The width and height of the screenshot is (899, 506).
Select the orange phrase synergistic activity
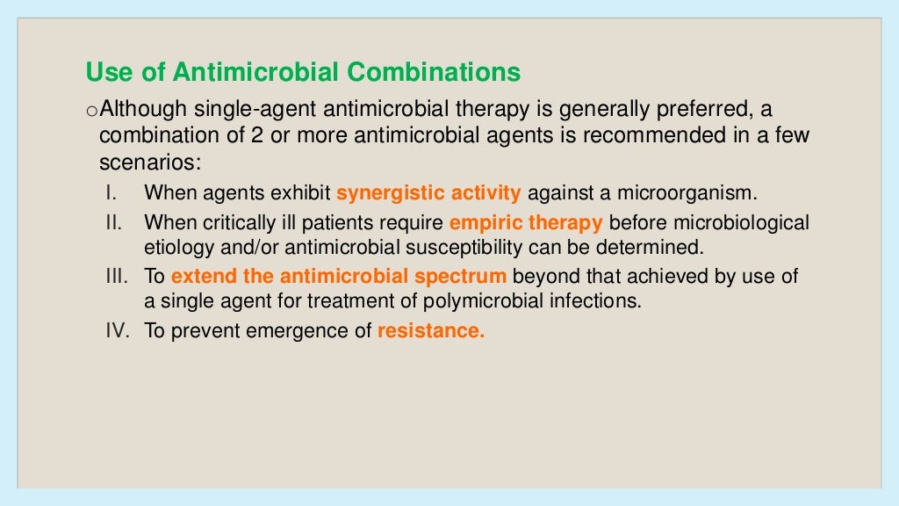[x=428, y=192]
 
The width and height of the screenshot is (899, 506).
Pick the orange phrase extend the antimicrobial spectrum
[x=339, y=277]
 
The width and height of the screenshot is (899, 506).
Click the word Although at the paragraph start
[x=144, y=109]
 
